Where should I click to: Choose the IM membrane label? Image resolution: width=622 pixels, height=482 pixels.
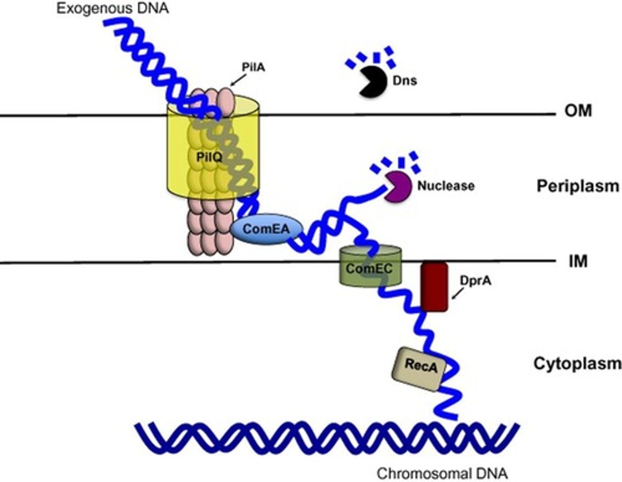(x=578, y=261)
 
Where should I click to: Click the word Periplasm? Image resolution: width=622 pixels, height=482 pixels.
(x=578, y=186)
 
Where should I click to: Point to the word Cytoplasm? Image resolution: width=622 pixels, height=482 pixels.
(x=578, y=364)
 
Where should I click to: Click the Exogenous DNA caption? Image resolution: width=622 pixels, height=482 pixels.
(x=113, y=8)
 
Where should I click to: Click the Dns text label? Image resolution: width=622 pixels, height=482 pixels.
(x=405, y=81)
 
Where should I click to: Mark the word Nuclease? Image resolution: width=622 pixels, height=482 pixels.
(x=446, y=186)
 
